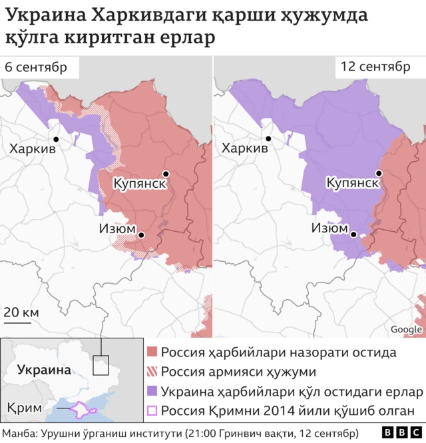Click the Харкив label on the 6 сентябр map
click(32, 149)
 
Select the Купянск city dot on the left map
click(165, 174)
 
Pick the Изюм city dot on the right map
click(355, 234)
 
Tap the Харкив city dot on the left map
click(56, 139)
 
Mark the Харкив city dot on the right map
click(269, 139)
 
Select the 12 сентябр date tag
click(375, 67)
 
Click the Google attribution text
click(406, 329)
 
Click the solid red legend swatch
click(152, 352)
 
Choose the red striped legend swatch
click(152, 372)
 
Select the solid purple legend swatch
click(152, 391)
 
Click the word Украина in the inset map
click(43, 370)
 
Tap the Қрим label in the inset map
click(25, 408)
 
